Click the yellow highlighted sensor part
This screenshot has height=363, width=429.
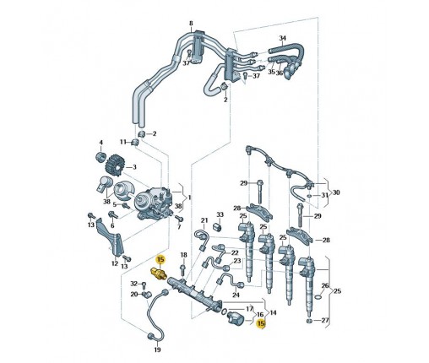160,273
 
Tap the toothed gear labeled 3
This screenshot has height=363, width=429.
114,165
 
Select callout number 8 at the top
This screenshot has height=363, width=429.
191,23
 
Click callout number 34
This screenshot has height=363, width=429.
283,38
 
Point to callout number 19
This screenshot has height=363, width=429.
158,349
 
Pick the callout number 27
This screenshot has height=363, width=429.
325,320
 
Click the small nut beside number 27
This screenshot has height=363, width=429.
309,321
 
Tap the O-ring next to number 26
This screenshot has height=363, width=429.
318,297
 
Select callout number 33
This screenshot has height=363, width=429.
220,214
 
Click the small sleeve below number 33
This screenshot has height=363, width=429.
218,226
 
